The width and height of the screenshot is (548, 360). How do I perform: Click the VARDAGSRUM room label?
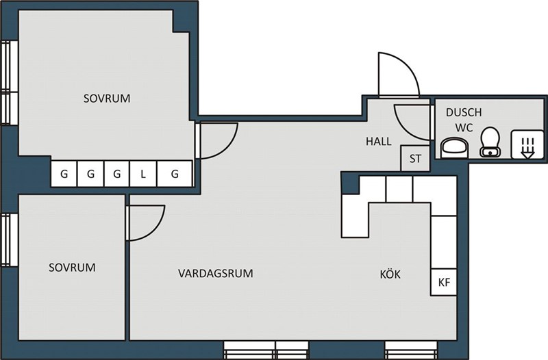pos(216,273)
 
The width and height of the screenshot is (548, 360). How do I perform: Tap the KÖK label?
pos(390,274)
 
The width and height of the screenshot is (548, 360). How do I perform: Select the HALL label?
pos(379,142)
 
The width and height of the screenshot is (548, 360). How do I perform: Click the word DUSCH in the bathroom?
pos(464,112)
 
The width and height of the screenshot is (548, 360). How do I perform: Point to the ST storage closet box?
pos(415,159)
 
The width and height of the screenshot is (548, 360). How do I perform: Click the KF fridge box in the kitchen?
pos(444,282)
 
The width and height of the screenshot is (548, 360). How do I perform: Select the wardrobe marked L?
pos(143,174)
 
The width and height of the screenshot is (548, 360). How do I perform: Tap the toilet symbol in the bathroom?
pos(490,142)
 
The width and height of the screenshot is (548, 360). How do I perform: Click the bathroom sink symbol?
pos(454,148)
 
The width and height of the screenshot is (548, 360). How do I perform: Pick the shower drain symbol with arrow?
pos(527,144)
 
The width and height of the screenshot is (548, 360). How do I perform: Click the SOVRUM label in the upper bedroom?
pos(107,99)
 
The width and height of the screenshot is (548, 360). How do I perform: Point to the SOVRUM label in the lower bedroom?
pos(72,268)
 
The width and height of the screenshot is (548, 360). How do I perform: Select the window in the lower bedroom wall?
pos(9,240)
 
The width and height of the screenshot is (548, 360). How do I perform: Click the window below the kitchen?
pos(410,350)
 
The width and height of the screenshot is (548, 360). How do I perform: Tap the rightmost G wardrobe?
pos(175,174)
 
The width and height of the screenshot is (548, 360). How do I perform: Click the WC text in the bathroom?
pos(464,128)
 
